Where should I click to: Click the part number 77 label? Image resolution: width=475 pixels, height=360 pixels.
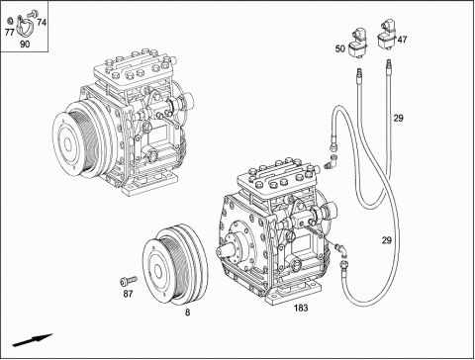pos(9,32)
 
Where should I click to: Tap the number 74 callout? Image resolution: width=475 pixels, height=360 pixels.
pos(42,23)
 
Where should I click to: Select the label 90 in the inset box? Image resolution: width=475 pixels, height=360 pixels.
pos(25,44)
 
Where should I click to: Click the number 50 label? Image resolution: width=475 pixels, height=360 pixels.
pos(340,48)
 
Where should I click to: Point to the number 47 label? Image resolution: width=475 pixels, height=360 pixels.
pos(402,40)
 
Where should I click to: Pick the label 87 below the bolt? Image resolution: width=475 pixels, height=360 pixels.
pos(128,294)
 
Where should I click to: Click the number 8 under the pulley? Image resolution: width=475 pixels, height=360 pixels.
pos(187,313)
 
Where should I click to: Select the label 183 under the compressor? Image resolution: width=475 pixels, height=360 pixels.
pos(301,308)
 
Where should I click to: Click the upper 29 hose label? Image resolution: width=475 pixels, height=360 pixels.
pos(398,118)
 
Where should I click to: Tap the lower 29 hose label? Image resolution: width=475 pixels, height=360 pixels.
pos(387,240)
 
